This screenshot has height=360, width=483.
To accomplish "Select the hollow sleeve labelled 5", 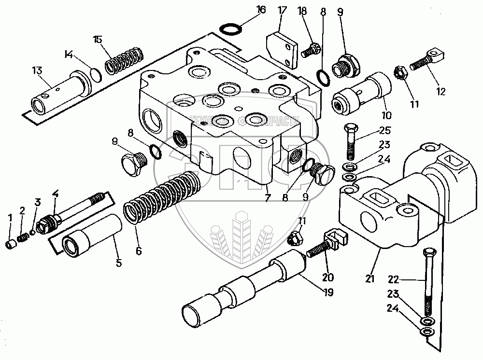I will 93,234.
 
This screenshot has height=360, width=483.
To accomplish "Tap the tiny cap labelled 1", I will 11,244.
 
